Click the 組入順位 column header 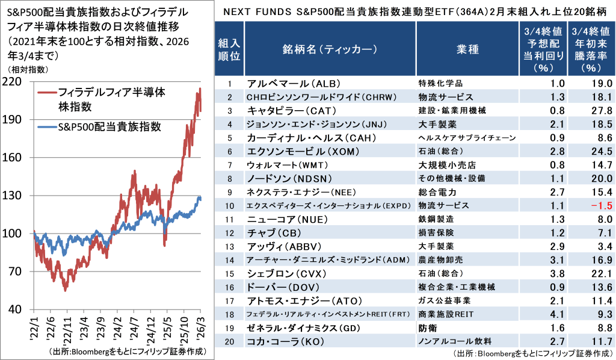(230, 49)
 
